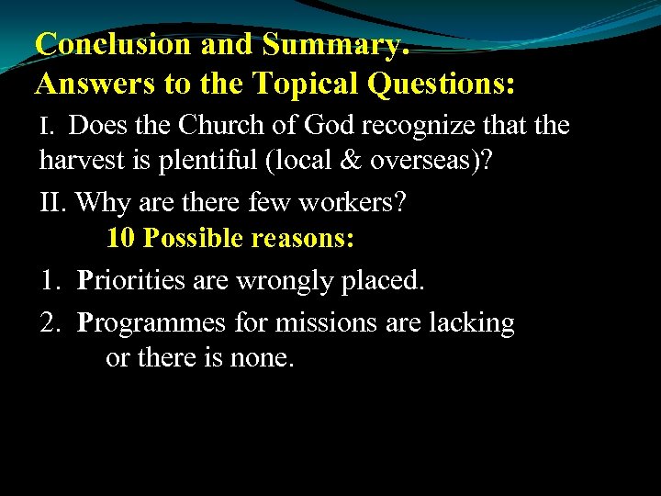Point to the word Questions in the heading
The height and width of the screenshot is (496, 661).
(444, 85)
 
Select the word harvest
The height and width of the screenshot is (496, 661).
(83, 162)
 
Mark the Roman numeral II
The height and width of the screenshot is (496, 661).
(53, 201)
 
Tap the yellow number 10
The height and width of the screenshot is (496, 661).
(121, 239)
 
